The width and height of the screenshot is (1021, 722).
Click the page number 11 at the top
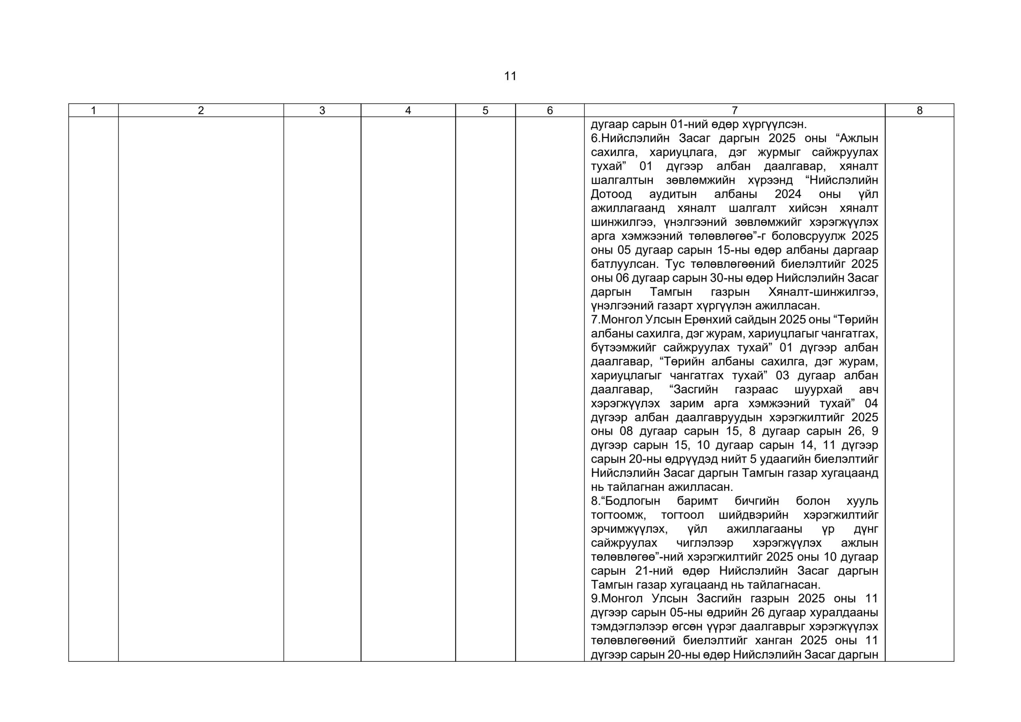pos(510,76)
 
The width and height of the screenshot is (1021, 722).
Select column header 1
pos(93,110)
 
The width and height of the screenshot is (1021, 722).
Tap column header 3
pos(322,110)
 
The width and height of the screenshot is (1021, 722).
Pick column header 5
pos(485,110)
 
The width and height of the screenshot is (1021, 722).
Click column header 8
pos(919,110)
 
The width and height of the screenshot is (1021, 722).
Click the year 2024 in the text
pos(788,194)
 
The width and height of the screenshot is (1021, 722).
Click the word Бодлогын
pos(631,501)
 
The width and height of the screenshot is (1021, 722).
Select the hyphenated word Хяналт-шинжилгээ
pos(823,292)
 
